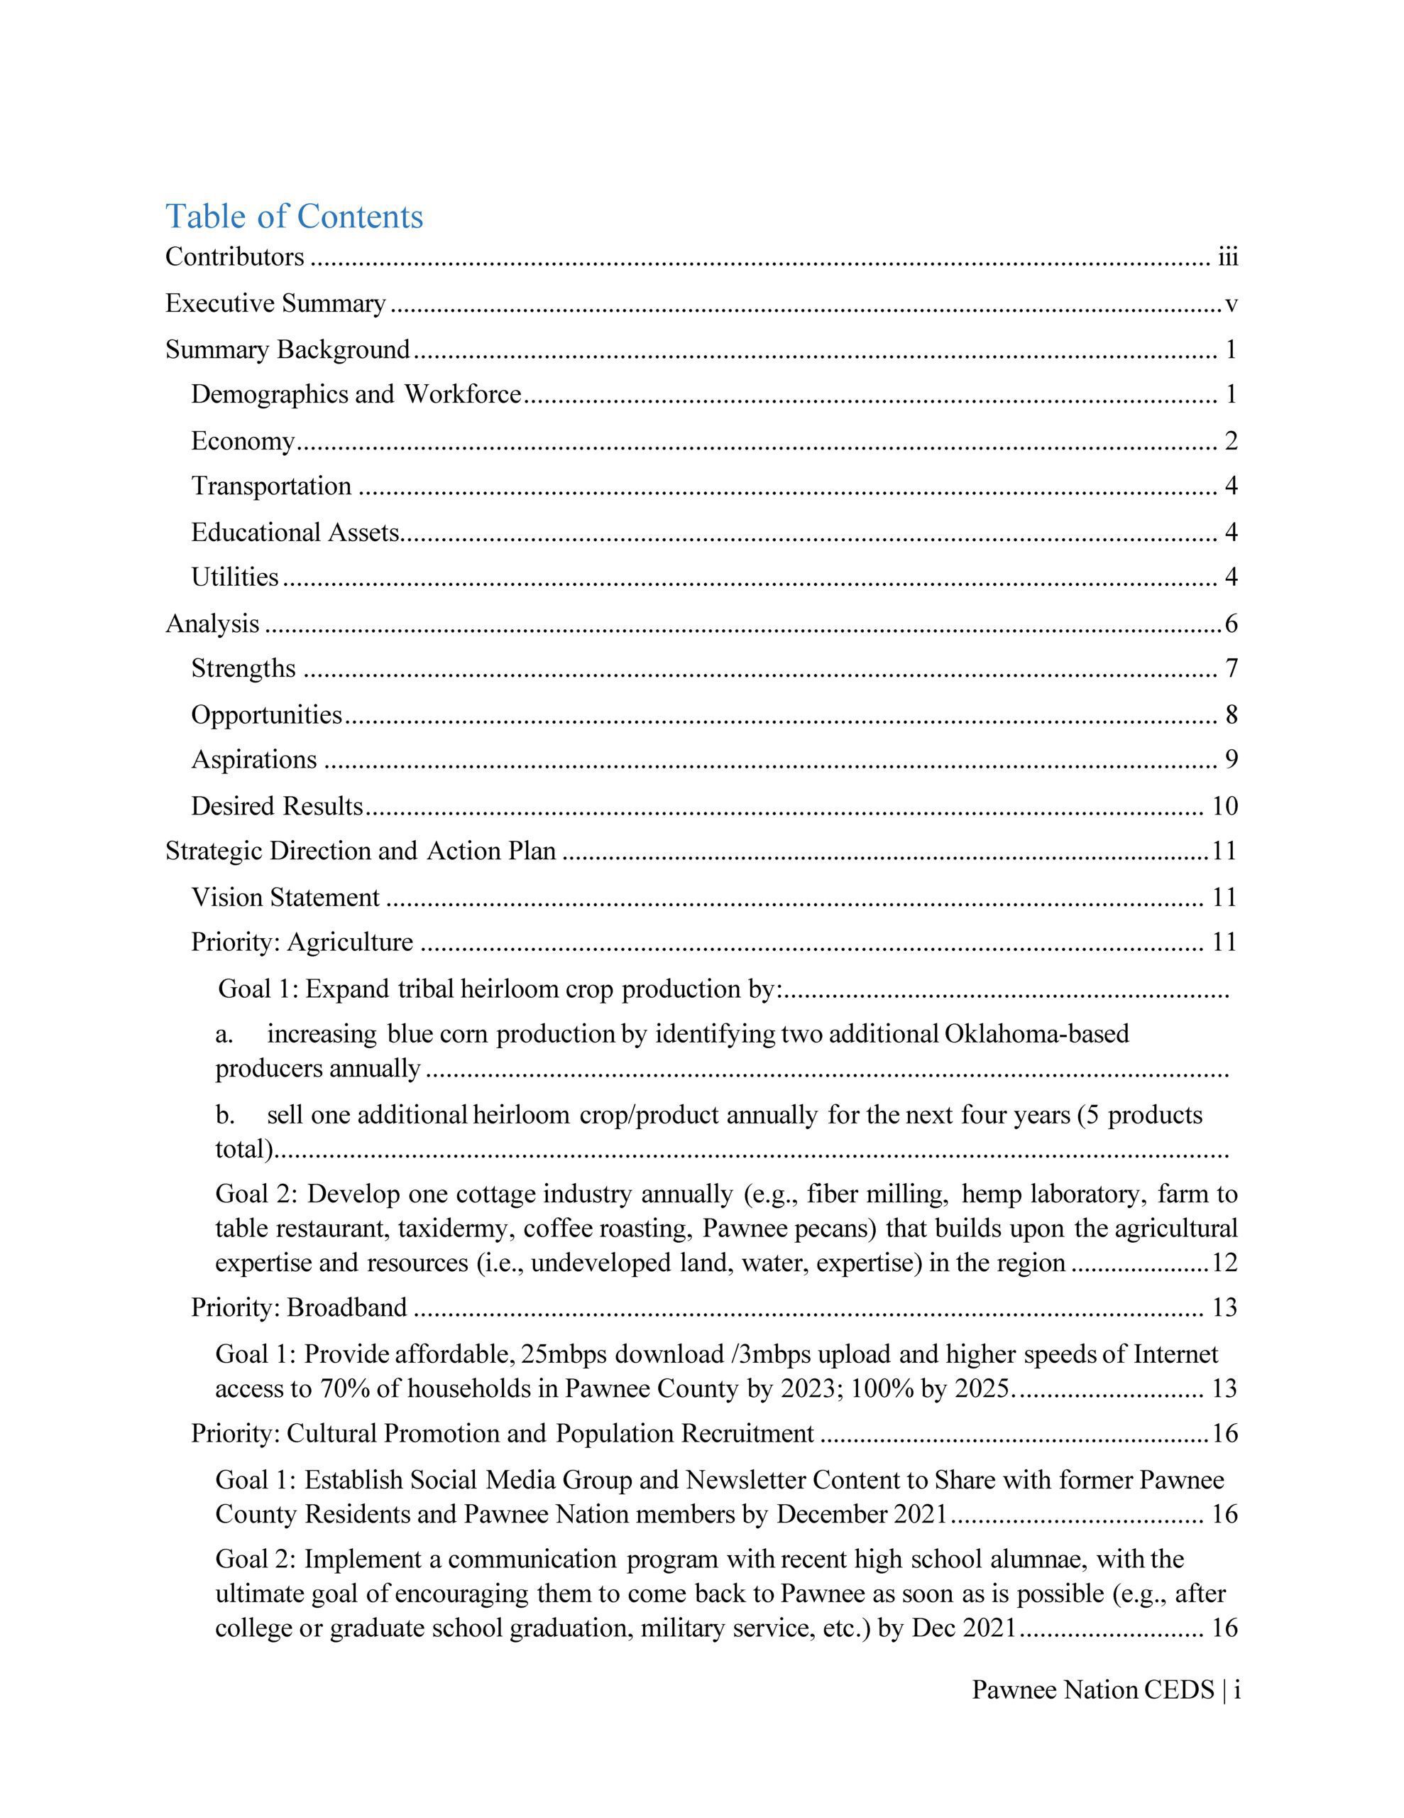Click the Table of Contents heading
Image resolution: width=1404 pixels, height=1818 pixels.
(x=294, y=216)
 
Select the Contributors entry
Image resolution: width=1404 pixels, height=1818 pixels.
(x=235, y=256)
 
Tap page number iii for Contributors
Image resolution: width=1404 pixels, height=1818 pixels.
(x=1227, y=257)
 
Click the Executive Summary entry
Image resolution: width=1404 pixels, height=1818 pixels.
(x=275, y=303)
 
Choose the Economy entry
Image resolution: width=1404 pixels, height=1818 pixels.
(x=243, y=440)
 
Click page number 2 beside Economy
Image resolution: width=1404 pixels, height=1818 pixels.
(x=1231, y=440)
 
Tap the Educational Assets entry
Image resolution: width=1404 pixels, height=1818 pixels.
(x=295, y=532)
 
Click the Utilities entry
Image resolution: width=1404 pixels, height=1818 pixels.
(x=235, y=577)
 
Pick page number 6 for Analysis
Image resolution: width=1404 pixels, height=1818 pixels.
(x=1231, y=624)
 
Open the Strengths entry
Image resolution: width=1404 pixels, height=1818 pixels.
(x=243, y=668)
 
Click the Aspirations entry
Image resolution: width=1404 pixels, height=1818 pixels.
(x=254, y=759)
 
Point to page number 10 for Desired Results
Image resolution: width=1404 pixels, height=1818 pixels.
(x=1225, y=806)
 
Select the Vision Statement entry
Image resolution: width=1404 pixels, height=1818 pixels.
(x=285, y=898)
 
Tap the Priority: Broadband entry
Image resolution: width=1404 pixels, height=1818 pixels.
(x=299, y=1307)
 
